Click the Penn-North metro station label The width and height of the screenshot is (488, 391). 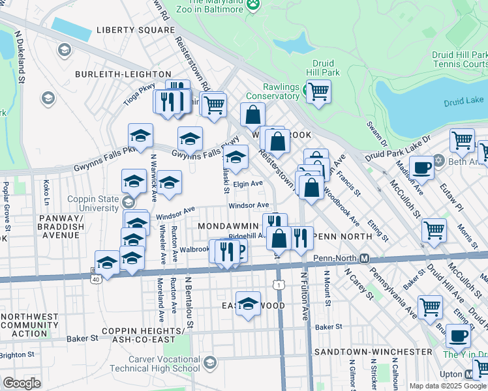pos(334,258)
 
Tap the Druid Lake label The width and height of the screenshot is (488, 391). pos(464,102)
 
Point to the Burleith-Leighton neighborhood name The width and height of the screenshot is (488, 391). pos(123,75)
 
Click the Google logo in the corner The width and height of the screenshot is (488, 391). pos(22,383)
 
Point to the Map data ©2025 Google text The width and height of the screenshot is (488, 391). pos(448,386)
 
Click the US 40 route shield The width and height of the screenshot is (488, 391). pos(95,278)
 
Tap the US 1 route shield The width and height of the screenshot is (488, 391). pos(279,285)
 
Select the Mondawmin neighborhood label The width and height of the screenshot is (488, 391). pos(226,225)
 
